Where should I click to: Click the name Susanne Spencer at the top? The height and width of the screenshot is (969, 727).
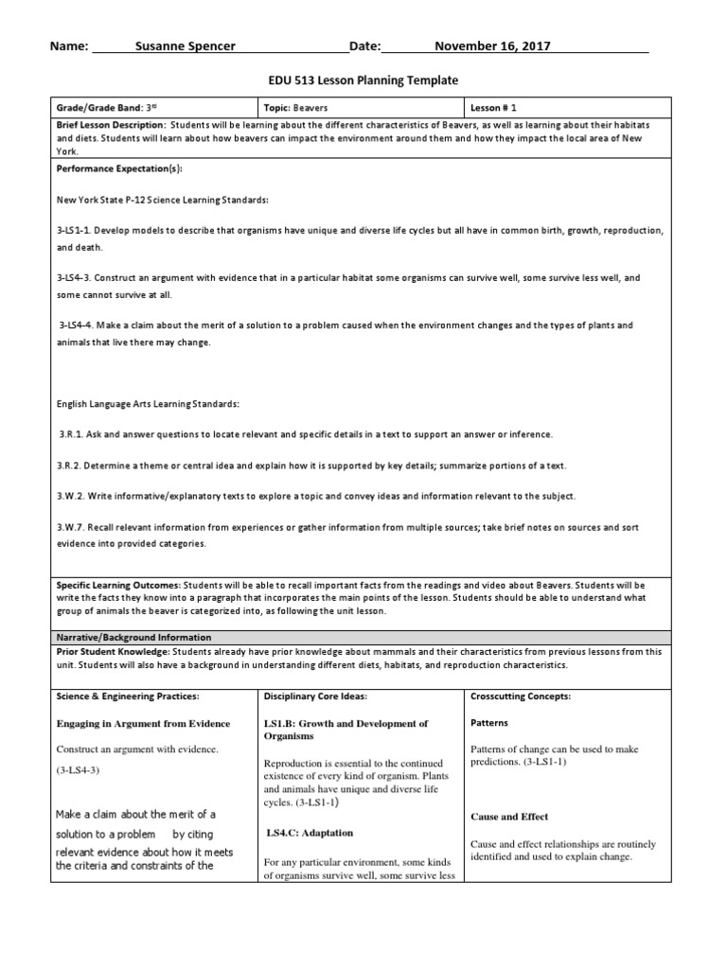(186, 46)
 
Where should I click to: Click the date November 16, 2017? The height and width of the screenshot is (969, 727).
(492, 46)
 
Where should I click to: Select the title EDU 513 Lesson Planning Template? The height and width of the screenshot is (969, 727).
(363, 81)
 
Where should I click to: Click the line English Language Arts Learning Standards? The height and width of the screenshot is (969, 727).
(149, 403)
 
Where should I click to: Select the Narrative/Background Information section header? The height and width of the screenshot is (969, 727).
(133, 637)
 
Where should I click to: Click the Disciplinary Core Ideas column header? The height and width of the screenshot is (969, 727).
(315, 696)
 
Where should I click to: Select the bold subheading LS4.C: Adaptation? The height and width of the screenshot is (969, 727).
(310, 833)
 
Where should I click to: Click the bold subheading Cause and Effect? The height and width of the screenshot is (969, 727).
(509, 817)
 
